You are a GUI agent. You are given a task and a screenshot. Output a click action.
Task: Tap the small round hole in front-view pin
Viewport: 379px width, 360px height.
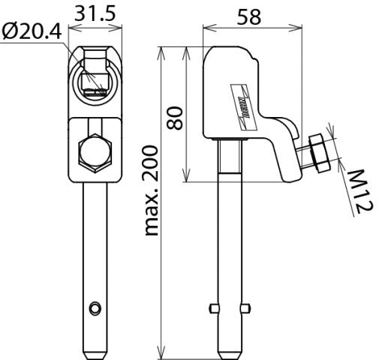[x=94, y=307]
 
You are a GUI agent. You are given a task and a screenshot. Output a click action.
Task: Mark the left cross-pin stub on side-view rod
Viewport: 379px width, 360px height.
[x=212, y=308]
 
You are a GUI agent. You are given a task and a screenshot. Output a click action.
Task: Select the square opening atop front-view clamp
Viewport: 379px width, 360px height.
[x=95, y=61]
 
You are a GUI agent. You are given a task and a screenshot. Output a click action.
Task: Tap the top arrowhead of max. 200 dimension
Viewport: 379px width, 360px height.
[x=160, y=51]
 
